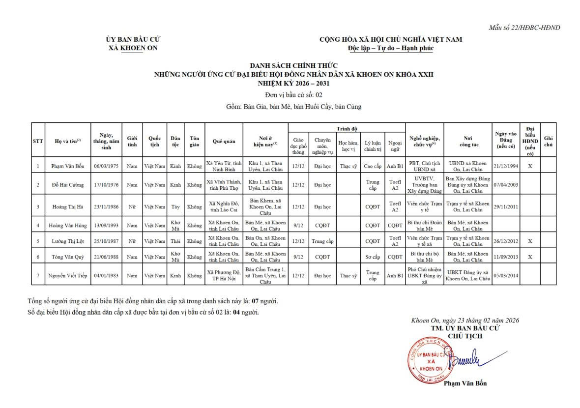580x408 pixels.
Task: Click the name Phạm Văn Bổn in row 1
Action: tap(68, 166)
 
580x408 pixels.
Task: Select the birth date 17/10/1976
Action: tap(107, 185)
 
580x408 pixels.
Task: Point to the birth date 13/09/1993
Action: tap(107, 226)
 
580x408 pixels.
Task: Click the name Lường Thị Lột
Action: tap(68, 241)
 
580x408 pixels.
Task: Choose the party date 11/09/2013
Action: tap(506, 257)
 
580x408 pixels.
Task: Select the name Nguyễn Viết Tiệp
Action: tap(68, 276)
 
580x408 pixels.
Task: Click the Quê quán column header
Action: tap(224, 142)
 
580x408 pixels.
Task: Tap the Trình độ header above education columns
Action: tap(347, 129)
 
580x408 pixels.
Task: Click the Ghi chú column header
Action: tap(549, 142)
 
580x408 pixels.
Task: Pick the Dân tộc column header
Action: tap(175, 142)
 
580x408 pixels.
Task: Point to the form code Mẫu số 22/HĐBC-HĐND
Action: tap(524, 28)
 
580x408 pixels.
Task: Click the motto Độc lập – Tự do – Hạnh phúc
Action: tap(391, 48)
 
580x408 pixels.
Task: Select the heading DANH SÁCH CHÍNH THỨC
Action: tap(293, 66)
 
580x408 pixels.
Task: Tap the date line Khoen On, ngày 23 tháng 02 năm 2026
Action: tap(465, 321)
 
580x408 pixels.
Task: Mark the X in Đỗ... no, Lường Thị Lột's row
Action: tap(530, 241)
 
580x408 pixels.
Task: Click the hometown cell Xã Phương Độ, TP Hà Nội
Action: tap(224, 276)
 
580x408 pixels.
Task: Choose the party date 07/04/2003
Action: tap(506, 185)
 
